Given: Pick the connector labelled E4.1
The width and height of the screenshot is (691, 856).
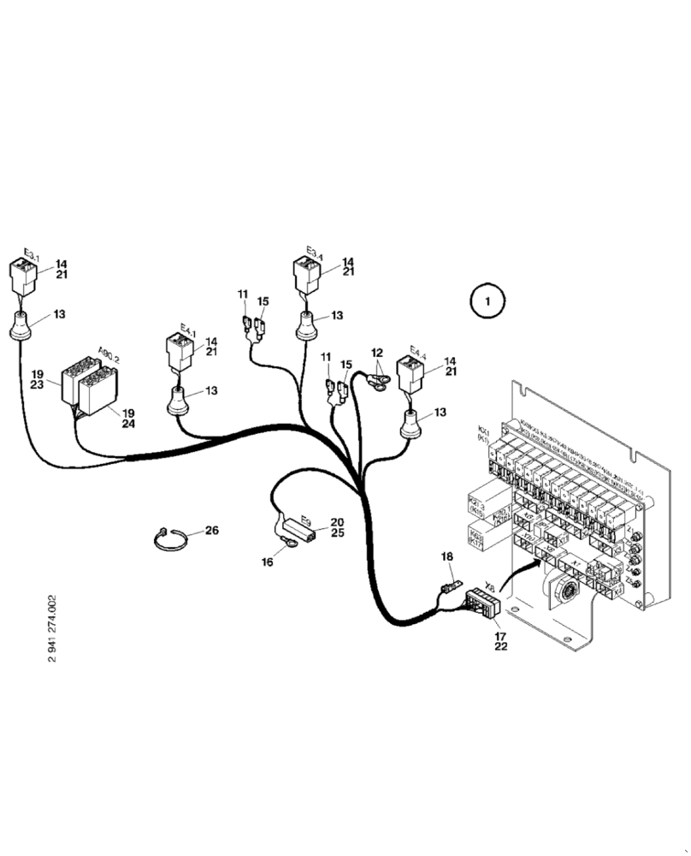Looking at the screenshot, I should coord(180,352).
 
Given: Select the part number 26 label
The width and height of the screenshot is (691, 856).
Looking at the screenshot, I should coord(210,531).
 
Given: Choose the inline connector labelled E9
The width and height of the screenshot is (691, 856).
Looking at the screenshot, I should coord(299,525).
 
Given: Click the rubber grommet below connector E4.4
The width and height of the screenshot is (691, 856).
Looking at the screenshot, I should coord(411,423).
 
